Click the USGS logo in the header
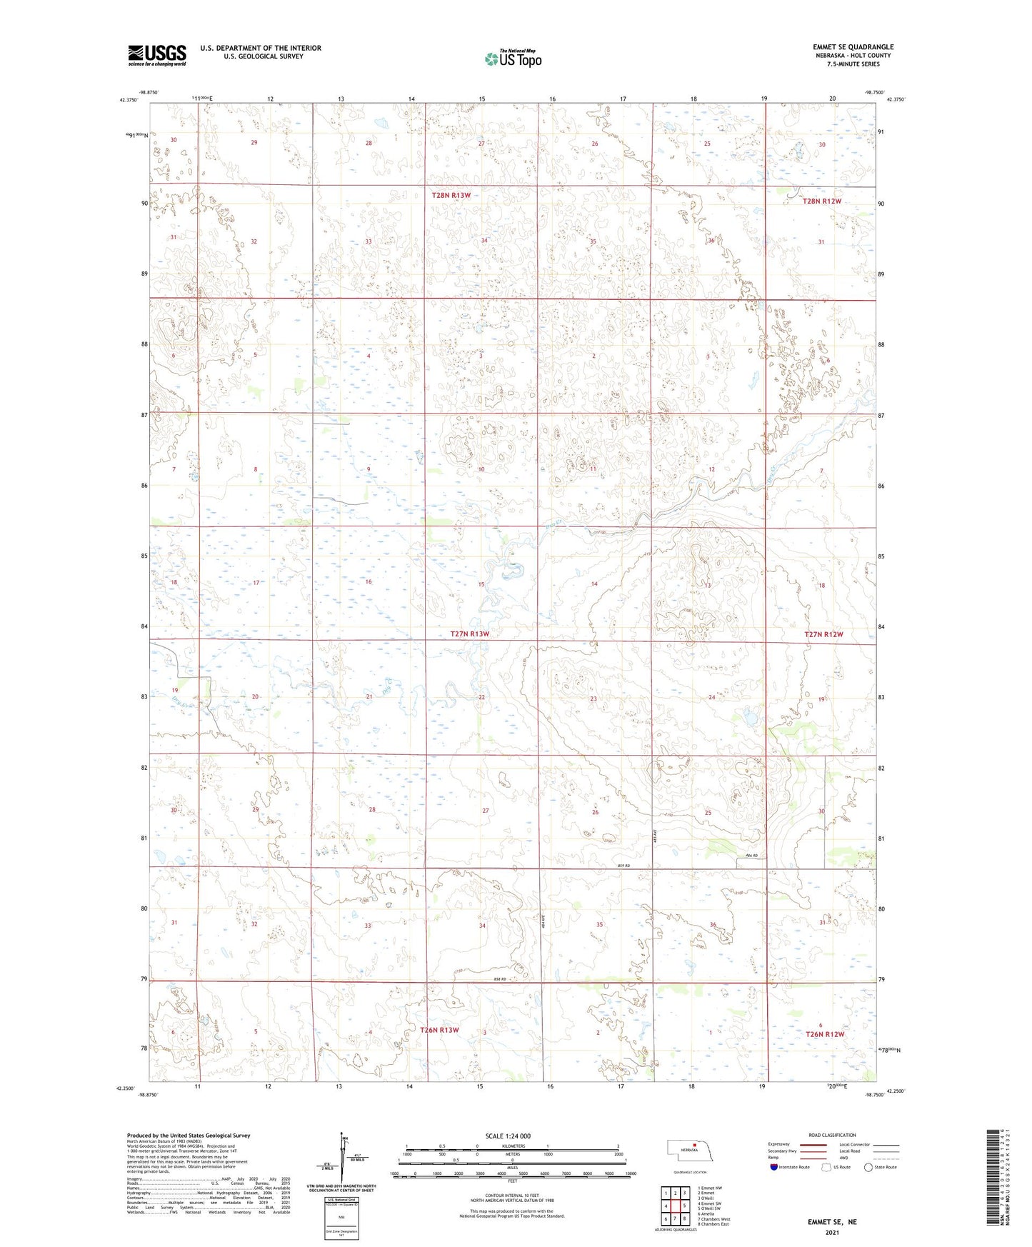pyautogui.click(x=157, y=54)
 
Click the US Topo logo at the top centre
pyautogui.click(x=513, y=58)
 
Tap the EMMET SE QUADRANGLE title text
pyautogui.click(x=853, y=47)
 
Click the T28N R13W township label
pyautogui.click(x=451, y=195)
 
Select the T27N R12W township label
pyautogui.click(x=823, y=634)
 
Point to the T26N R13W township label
pyautogui.click(x=439, y=1030)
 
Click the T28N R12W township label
pyautogui.click(x=822, y=201)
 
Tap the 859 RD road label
pyautogui.click(x=623, y=866)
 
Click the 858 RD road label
pyautogui.click(x=499, y=979)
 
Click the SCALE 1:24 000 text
pyautogui.click(x=508, y=1136)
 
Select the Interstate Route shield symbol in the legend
pyautogui.click(x=774, y=1167)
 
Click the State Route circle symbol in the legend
pyautogui.click(x=868, y=1167)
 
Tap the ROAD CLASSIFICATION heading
pyautogui.click(x=832, y=1135)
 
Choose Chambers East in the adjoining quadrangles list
pyautogui.click(x=713, y=1224)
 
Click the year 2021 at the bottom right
pyautogui.click(x=832, y=1233)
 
